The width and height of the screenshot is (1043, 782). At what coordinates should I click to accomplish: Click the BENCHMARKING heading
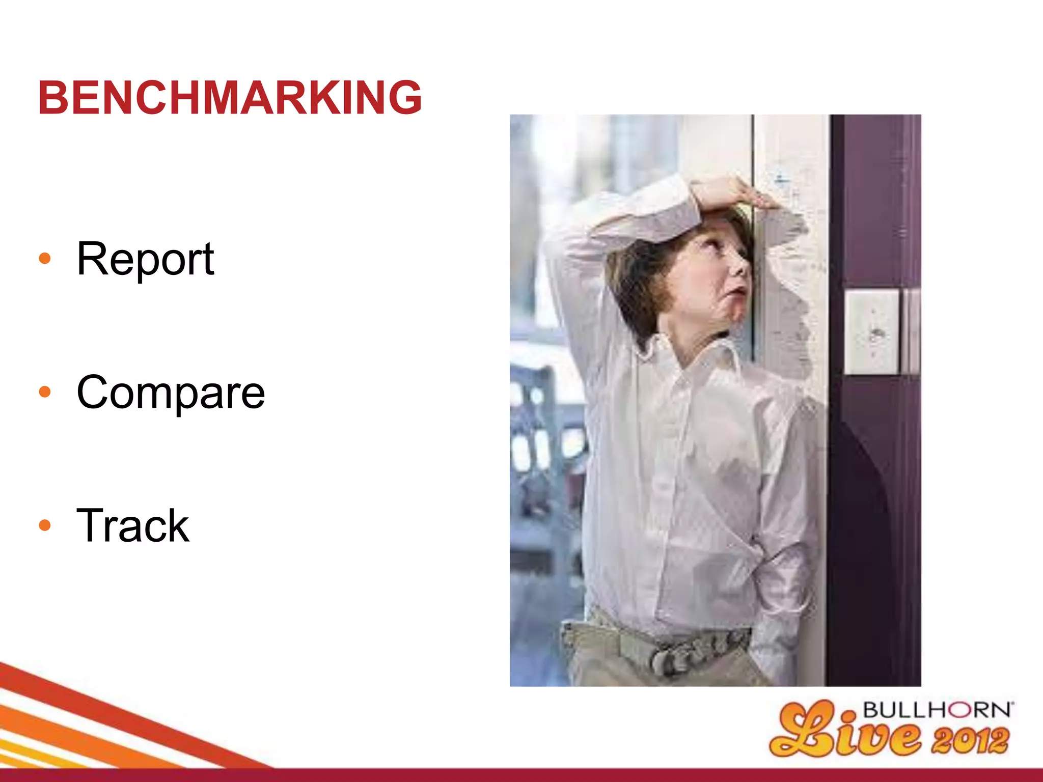pyautogui.click(x=230, y=97)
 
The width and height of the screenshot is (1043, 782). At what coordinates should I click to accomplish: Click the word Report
pyautogui.click(x=145, y=259)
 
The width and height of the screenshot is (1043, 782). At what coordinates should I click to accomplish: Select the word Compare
pyautogui.click(x=171, y=393)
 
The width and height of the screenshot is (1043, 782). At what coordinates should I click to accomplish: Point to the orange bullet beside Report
pyautogui.click(x=45, y=259)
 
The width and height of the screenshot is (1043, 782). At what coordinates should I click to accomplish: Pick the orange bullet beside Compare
pyautogui.click(x=45, y=392)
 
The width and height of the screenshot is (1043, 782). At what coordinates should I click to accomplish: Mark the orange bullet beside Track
pyautogui.click(x=45, y=525)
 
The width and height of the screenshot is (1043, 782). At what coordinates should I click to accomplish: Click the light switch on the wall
pyautogui.click(x=871, y=332)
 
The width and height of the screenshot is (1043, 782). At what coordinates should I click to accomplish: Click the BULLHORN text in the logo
pyautogui.click(x=937, y=711)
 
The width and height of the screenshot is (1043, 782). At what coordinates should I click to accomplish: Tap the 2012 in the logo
pyautogui.click(x=970, y=741)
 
